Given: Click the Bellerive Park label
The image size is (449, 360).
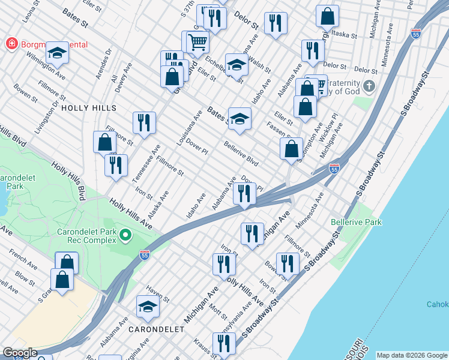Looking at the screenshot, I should pyautogui.click(x=356, y=222).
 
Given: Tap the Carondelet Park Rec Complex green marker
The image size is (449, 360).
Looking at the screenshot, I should pyautogui.click(x=125, y=234).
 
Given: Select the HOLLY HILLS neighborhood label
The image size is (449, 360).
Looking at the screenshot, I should pyautogui.click(x=88, y=107).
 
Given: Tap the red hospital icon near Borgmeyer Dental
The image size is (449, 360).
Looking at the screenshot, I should pyautogui.click(x=10, y=44).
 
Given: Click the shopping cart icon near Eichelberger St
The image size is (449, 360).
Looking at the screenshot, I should pyautogui.click(x=197, y=42).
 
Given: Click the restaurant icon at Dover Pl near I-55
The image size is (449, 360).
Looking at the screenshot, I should pyautogui.click(x=244, y=193).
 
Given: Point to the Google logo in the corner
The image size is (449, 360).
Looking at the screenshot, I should pyautogui.click(x=20, y=353).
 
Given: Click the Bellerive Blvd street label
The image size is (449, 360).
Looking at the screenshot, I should pyautogui.click(x=241, y=154).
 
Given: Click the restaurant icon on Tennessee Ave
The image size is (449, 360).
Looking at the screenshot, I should pyautogui.click(x=144, y=122).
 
